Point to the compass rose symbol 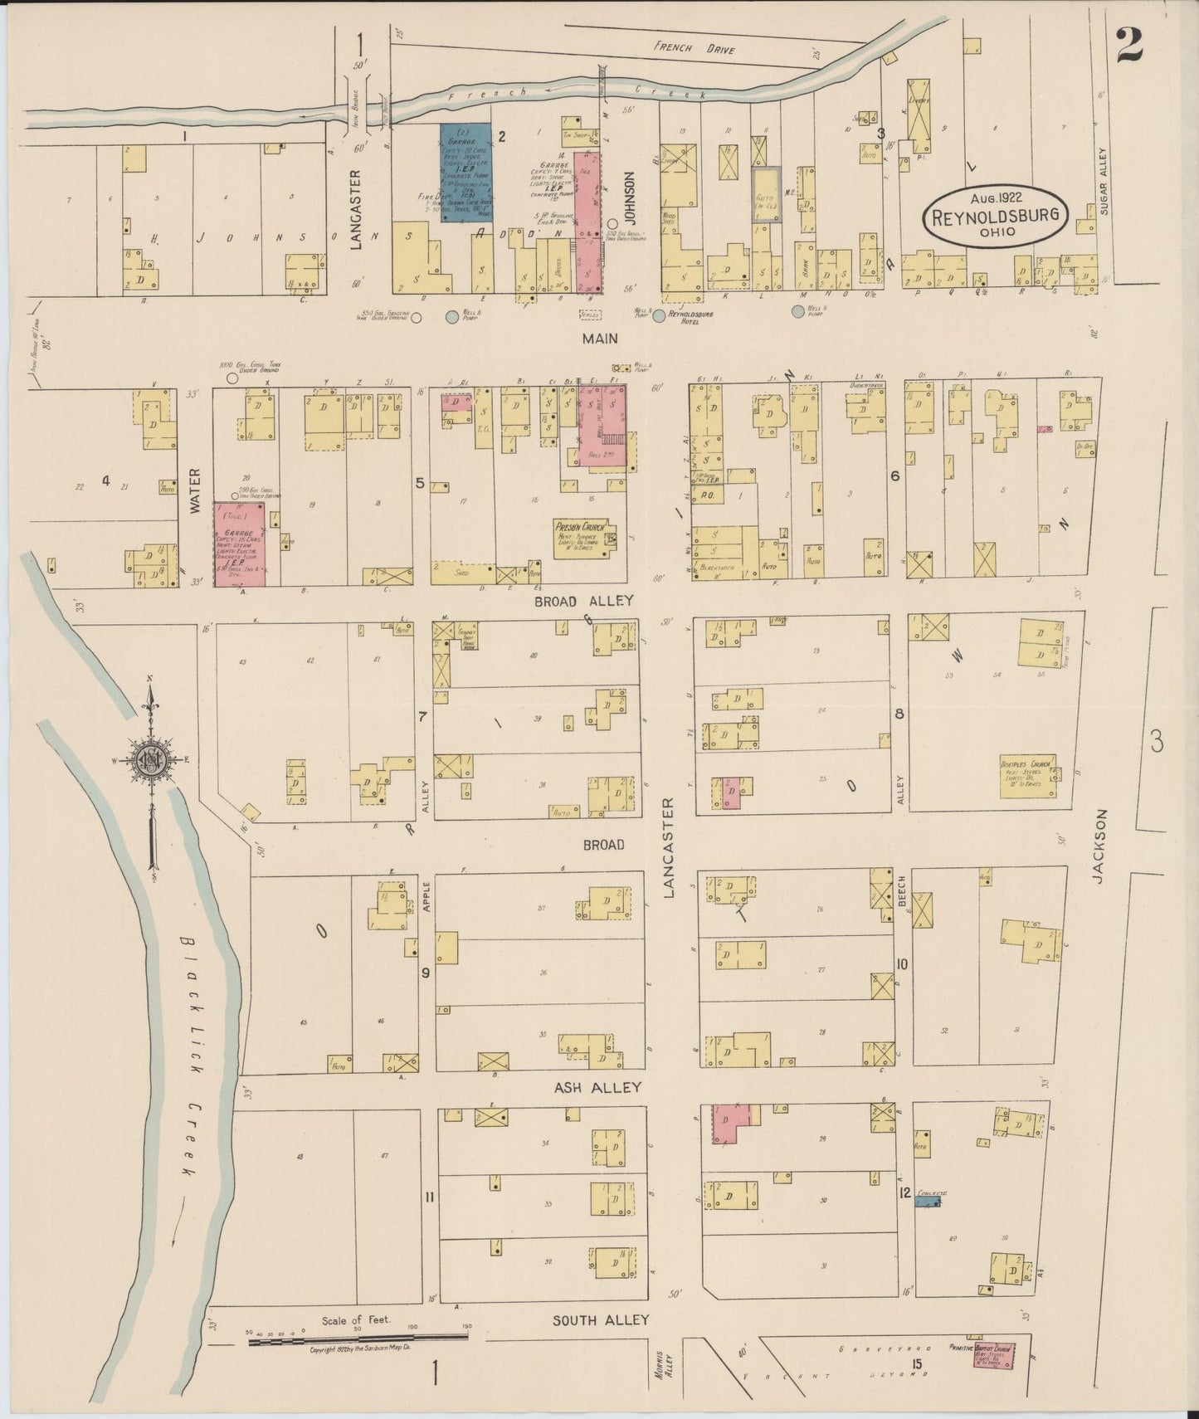click(152, 758)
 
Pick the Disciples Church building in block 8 click(1027, 776)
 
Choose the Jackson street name click(1100, 846)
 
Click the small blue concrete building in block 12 click(928, 1200)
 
